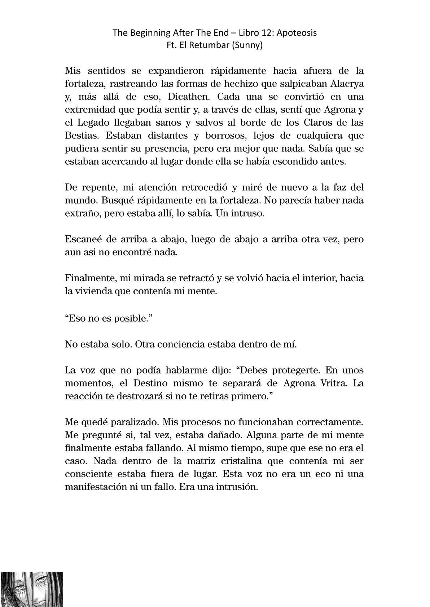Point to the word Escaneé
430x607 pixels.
tap(82, 239)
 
